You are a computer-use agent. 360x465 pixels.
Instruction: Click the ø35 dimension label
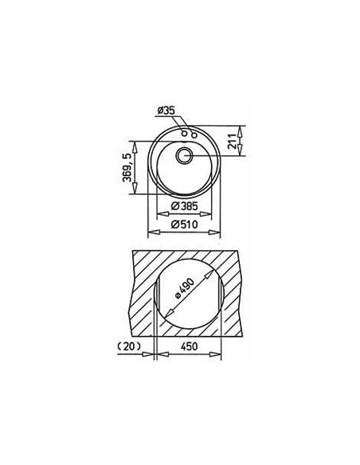pos(166,111)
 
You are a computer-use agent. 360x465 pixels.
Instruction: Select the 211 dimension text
pos(233,141)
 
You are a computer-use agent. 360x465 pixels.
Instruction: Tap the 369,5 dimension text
pos(127,167)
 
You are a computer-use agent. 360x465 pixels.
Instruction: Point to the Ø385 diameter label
pos(184,205)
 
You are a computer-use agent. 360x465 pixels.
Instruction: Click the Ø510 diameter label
pos(184,225)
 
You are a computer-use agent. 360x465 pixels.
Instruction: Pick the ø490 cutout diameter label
pos(185,288)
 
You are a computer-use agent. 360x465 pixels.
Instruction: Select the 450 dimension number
pos(189,346)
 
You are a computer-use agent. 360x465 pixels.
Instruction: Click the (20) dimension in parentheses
pos(129,346)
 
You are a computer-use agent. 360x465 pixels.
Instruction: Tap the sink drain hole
pos(185,155)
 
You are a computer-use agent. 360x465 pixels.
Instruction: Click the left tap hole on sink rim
pos(185,134)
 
